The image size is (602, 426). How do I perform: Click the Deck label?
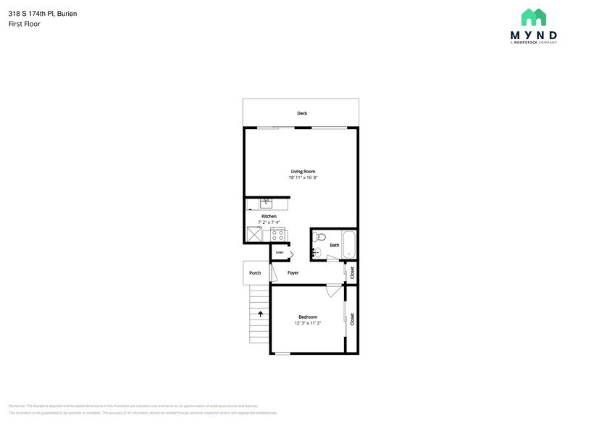click(302, 113)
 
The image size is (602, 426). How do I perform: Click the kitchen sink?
click(265, 204)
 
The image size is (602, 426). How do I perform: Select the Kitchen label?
click(269, 217)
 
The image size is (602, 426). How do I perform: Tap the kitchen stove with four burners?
click(277, 235)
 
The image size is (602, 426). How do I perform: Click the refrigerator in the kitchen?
click(254, 234)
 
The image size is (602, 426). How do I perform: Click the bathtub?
click(349, 244)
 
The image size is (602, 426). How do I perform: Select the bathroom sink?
click(317, 253)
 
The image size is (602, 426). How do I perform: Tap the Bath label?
click(334, 245)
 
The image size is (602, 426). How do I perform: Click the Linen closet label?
click(279, 252)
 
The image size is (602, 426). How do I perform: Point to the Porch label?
click(255, 273)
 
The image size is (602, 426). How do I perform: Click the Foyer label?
click(293, 273)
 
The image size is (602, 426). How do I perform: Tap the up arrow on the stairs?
click(259, 314)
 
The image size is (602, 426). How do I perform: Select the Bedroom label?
click(308, 317)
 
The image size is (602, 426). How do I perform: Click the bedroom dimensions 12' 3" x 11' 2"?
click(308, 323)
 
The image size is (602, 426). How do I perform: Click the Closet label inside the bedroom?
click(352, 319)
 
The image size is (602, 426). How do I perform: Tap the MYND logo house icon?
click(534, 18)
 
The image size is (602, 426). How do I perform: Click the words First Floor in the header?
click(25, 24)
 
